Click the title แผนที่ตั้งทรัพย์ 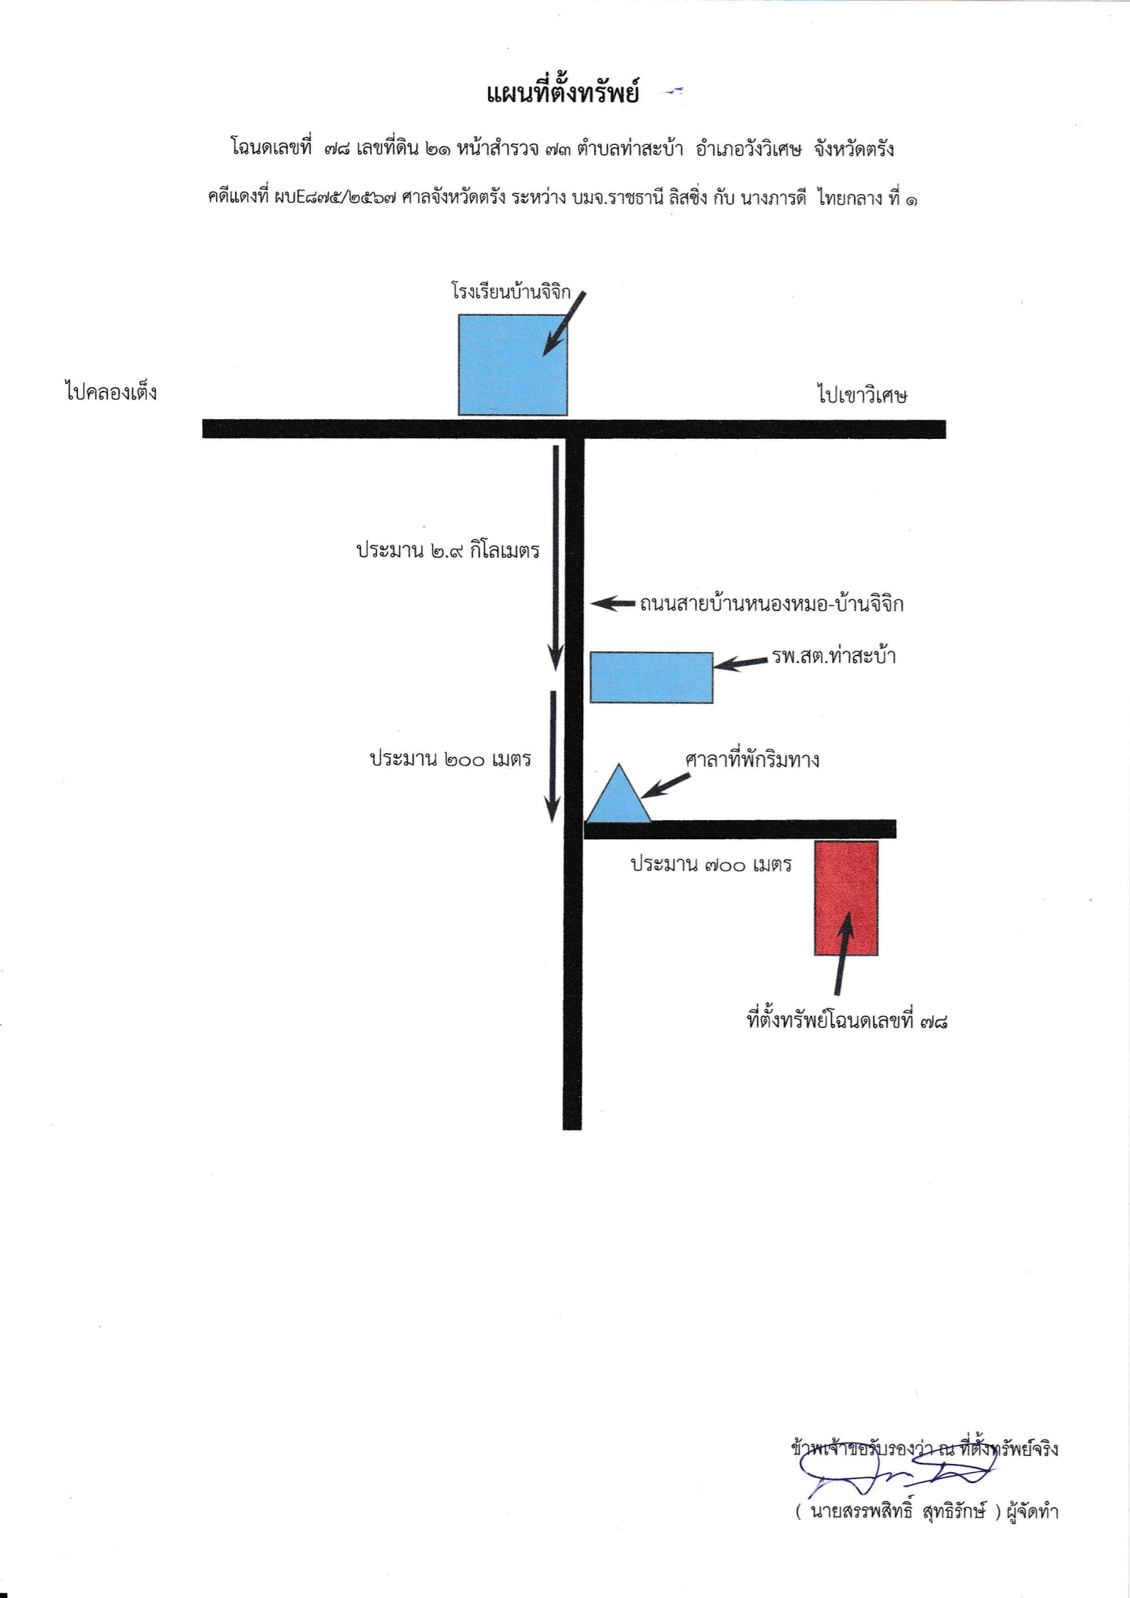563,93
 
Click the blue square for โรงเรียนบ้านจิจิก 513,365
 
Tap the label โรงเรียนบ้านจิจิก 511,291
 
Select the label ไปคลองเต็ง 111,392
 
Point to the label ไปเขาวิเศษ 862,395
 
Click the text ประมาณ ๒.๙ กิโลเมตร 448,550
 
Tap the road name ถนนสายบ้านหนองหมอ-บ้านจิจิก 771,604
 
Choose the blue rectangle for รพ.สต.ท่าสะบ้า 651,677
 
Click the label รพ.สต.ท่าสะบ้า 833,655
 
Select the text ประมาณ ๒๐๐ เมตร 450,758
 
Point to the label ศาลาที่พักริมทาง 752,759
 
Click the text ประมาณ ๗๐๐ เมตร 712,865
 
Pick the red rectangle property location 846,898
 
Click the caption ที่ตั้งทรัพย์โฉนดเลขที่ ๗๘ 847,1021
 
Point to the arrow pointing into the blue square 564,325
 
